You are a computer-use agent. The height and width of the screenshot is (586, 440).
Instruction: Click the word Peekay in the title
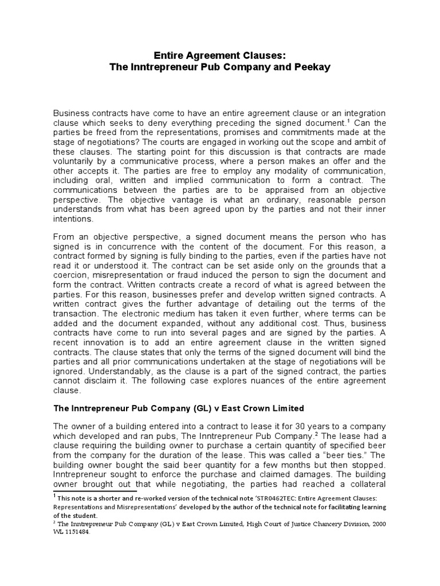tap(315, 67)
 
